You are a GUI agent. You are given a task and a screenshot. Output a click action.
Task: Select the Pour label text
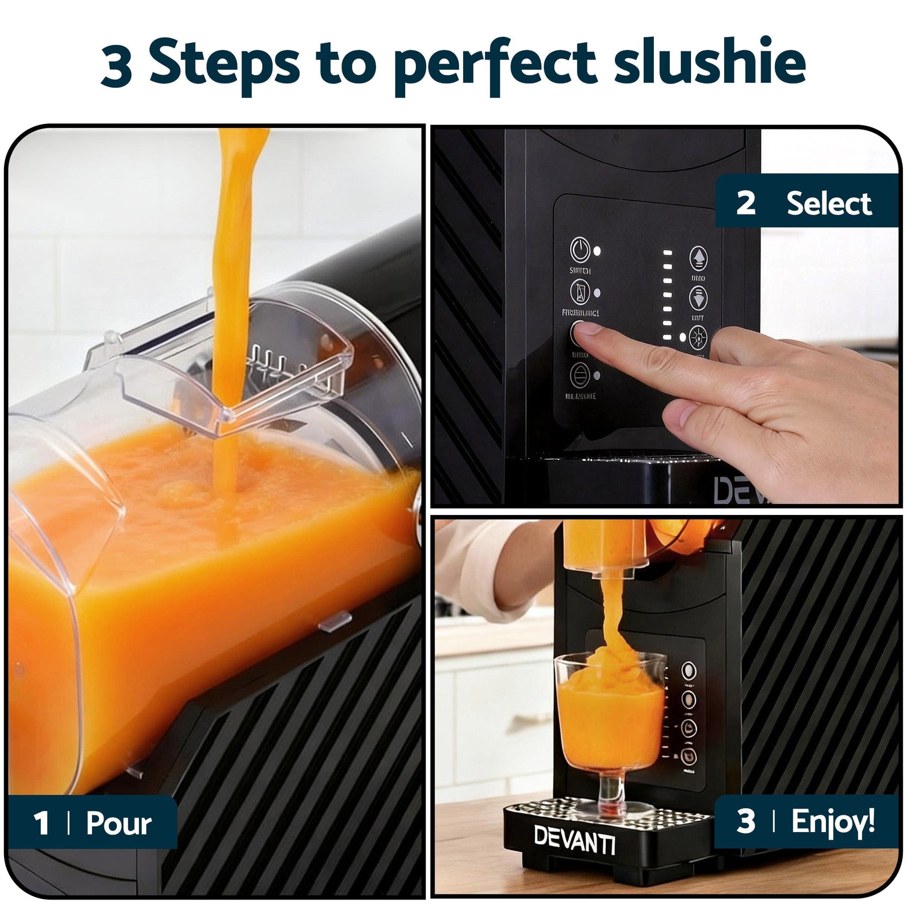(x=118, y=824)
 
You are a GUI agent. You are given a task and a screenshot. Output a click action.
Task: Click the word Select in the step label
(x=828, y=203)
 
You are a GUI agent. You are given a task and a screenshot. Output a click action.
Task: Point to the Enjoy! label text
(x=833, y=821)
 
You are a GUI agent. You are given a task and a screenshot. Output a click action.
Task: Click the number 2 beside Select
(x=745, y=203)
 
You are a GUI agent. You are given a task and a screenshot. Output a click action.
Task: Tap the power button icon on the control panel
(x=580, y=250)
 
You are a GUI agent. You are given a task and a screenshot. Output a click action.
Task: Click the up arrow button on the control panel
(x=698, y=258)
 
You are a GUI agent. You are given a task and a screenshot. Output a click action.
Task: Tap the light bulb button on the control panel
(x=698, y=337)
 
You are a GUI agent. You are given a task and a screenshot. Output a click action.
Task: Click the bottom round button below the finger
(x=580, y=375)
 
